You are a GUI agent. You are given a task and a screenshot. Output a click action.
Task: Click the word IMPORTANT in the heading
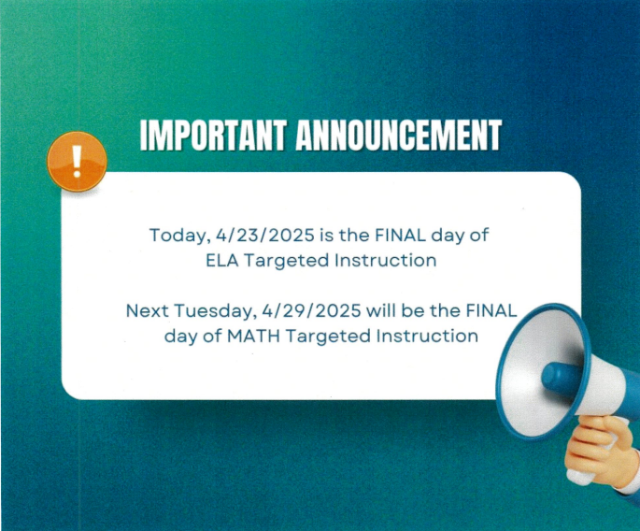(212, 136)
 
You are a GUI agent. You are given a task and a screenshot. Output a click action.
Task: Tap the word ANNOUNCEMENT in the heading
(398, 136)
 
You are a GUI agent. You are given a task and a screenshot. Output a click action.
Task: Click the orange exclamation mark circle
(77, 162)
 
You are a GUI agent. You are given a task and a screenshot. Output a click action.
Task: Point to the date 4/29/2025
(311, 310)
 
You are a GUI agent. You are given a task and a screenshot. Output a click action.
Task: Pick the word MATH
(253, 337)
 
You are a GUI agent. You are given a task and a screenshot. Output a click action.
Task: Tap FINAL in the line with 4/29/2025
(491, 310)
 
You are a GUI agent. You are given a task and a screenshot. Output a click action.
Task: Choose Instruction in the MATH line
(427, 337)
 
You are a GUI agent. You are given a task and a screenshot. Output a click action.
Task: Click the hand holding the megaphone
(599, 452)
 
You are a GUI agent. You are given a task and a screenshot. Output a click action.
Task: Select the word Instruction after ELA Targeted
(385, 261)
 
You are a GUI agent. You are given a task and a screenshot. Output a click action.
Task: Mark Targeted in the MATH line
(328, 337)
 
